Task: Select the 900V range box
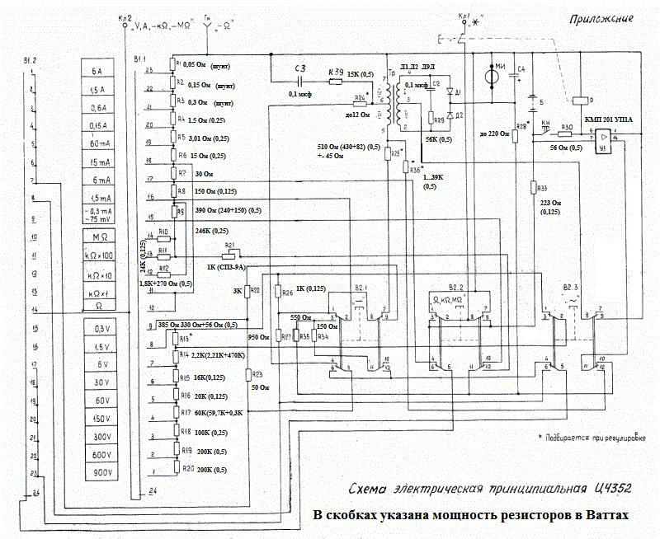[x=103, y=471]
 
